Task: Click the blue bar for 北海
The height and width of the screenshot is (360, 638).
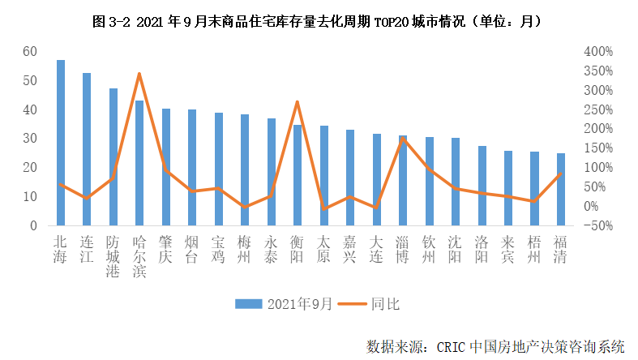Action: (x=61, y=143)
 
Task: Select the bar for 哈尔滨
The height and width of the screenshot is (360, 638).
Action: (x=139, y=163)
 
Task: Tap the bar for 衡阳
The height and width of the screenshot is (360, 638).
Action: (x=298, y=175)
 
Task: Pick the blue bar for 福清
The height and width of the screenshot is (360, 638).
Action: (x=561, y=189)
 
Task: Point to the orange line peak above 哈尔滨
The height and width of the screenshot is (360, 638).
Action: (x=139, y=74)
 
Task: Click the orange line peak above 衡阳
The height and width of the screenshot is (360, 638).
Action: (x=298, y=102)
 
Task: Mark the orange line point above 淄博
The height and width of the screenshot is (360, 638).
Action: (x=403, y=139)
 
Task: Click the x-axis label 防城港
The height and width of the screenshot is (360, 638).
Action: (x=113, y=256)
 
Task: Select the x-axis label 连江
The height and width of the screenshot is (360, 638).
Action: (x=87, y=249)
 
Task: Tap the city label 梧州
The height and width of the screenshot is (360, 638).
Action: (x=534, y=249)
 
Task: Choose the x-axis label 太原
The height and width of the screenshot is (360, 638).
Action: (x=323, y=249)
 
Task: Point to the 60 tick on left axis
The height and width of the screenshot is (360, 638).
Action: (x=30, y=51)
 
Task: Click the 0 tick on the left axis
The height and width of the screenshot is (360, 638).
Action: (x=34, y=225)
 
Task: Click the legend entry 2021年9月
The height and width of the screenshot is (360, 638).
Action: (x=283, y=304)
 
